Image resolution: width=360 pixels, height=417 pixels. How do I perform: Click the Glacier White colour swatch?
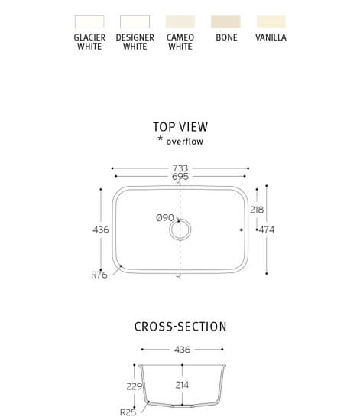pyautogui.click(x=89, y=21)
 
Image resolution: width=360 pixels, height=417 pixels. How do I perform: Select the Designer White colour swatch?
pyautogui.click(x=135, y=21)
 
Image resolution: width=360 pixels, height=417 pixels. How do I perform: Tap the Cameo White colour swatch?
pyautogui.click(x=180, y=21)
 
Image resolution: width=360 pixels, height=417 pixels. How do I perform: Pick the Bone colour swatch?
pyautogui.click(x=225, y=21)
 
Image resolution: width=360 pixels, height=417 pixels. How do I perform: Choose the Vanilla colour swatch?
pyautogui.click(x=271, y=21)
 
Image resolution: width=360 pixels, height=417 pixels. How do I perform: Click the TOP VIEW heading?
pyautogui.click(x=180, y=127)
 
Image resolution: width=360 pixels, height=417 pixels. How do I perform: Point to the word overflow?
pyautogui.click(x=185, y=142)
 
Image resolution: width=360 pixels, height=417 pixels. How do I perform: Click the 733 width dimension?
pyautogui.click(x=180, y=168)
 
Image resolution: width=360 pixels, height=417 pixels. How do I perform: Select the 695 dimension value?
pyautogui.click(x=180, y=176)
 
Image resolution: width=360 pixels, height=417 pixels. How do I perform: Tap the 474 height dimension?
pyautogui.click(x=267, y=230)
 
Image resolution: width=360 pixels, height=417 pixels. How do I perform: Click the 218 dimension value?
pyautogui.click(x=257, y=210)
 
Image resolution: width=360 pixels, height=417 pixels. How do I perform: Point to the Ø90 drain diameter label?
pyautogui.click(x=165, y=218)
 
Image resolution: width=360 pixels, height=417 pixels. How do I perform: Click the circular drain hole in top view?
pyautogui.click(x=180, y=230)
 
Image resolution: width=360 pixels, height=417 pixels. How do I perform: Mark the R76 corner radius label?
pyautogui.click(x=99, y=275)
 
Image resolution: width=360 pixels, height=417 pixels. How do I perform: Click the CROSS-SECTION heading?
pyautogui.click(x=180, y=327)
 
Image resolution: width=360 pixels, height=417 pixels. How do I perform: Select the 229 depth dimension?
pyautogui.click(x=135, y=386)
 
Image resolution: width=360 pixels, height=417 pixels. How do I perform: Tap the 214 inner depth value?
pyautogui.click(x=182, y=385)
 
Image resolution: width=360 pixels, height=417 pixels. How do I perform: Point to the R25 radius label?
pyautogui.click(x=128, y=412)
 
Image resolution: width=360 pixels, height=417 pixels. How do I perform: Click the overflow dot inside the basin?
pyautogui.click(x=242, y=230)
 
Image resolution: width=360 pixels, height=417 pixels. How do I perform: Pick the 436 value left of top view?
pyautogui.click(x=101, y=230)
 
